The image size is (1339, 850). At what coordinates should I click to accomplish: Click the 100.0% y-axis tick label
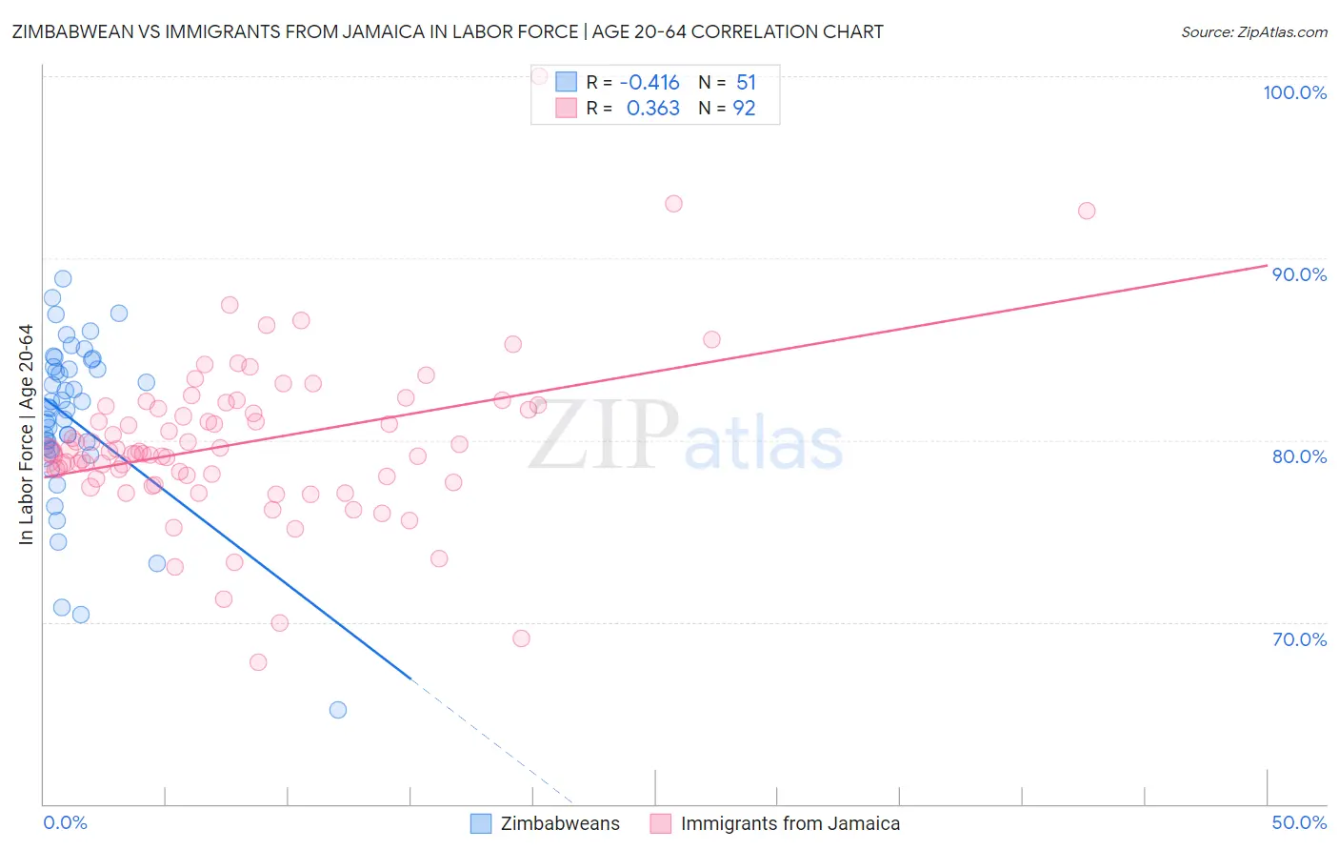point(1294,92)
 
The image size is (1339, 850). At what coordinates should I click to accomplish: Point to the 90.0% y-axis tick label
point(1299,274)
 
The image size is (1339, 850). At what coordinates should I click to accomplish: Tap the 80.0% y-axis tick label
point(1299,456)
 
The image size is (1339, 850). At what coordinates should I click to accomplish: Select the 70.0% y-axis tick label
point(1299,639)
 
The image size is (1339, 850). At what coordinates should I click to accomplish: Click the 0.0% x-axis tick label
point(65,822)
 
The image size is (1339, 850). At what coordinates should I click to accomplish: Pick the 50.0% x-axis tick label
point(1299,822)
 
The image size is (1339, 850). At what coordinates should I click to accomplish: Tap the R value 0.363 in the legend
point(653,109)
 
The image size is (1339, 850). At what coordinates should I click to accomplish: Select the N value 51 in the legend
point(746,83)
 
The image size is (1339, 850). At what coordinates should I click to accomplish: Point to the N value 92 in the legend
point(744,109)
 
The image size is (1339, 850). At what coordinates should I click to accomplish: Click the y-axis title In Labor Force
point(26,435)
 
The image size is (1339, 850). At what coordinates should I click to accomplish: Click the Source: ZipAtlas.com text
point(1253,32)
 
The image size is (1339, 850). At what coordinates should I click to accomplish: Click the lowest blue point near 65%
point(337,710)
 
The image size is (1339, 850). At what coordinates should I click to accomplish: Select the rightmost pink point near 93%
point(1087,211)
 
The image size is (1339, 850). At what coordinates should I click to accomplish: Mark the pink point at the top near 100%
point(539,75)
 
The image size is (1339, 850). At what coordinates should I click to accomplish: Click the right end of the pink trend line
point(1267,265)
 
